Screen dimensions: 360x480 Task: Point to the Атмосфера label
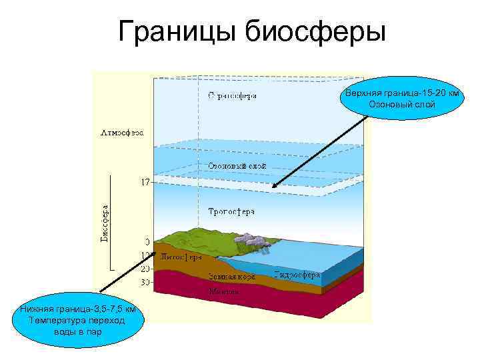121,131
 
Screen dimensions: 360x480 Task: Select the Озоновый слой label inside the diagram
237,165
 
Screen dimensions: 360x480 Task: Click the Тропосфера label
231,211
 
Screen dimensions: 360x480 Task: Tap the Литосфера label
181,257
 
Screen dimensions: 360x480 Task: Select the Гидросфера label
297,275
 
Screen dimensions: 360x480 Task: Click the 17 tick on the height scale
144,181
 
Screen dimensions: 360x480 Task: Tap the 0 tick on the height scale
146,241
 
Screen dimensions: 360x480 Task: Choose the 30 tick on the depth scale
144,282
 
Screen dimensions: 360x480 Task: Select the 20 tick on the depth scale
144,269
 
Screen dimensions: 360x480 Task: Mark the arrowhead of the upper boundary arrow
273,187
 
